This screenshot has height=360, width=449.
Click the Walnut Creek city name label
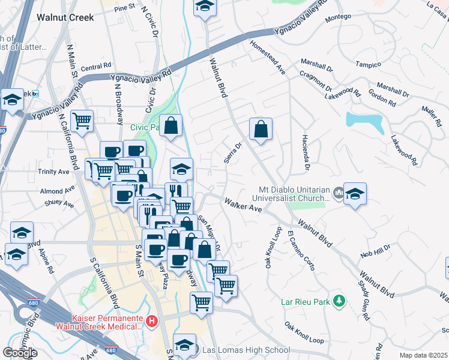[x=65, y=17]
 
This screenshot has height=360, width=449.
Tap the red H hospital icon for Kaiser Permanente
[x=152, y=322]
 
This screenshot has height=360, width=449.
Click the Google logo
[x=20, y=352]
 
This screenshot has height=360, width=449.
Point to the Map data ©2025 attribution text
[x=424, y=355]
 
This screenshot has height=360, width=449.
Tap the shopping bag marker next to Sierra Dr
[x=261, y=129]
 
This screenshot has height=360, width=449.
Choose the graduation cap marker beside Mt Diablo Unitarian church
[x=355, y=194]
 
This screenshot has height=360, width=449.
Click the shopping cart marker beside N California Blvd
[x=82, y=121]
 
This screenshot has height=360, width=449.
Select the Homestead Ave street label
[x=268, y=58]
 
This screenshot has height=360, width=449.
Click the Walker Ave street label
[x=243, y=206]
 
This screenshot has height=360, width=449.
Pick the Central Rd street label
[x=96, y=67]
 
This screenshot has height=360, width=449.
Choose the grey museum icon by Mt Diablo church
[x=338, y=193]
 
